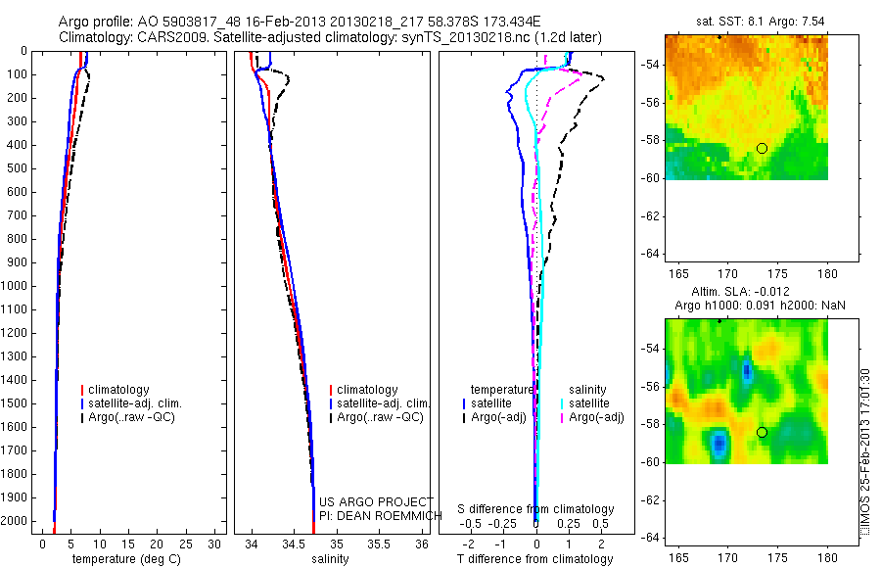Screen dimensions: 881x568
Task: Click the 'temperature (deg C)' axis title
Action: (126, 559)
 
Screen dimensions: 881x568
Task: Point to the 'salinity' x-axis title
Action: (330, 559)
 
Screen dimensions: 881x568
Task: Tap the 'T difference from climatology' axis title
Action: (534, 559)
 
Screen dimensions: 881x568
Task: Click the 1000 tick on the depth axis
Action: (16, 286)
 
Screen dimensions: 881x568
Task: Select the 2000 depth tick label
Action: (16, 521)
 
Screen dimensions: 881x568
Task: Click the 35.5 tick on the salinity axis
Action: (379, 544)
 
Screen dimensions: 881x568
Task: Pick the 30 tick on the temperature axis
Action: (214, 544)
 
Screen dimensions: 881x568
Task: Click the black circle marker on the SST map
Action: (762, 149)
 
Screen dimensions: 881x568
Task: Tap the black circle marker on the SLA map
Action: (762, 433)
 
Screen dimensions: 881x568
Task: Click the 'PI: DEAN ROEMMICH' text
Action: (381, 516)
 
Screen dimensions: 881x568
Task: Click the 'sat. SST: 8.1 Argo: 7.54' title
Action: (761, 22)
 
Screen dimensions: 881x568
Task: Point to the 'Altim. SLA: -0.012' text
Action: (740, 291)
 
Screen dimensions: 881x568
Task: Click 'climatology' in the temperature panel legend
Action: (118, 389)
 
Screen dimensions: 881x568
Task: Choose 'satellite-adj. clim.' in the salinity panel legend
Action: (383, 403)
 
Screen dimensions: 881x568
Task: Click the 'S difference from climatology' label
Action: (535, 509)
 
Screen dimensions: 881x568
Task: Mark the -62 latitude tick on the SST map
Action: (652, 216)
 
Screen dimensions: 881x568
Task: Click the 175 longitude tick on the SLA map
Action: (777, 557)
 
